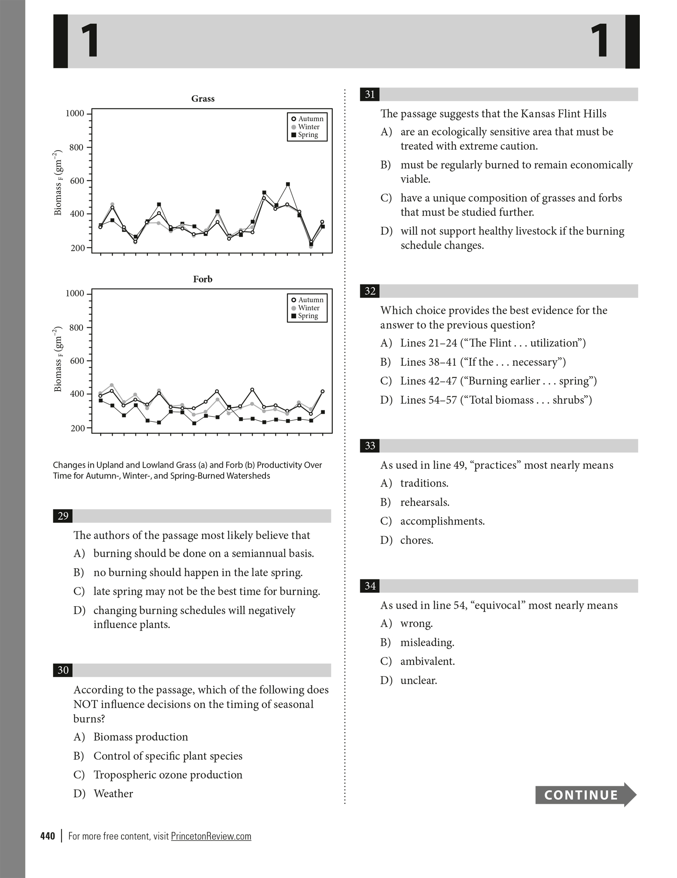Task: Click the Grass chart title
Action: click(x=203, y=99)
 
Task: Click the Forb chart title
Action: click(x=203, y=279)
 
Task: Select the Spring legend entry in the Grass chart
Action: click(x=307, y=135)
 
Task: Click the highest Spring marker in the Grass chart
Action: click(x=288, y=184)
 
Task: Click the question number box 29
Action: click(x=63, y=516)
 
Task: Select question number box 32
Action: click(x=370, y=291)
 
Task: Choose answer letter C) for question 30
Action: click(x=79, y=774)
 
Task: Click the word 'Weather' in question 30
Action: click(x=113, y=793)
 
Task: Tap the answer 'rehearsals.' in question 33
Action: click(x=425, y=502)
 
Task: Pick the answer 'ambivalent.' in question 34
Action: click(x=427, y=661)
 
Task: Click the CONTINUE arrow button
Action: click(x=585, y=795)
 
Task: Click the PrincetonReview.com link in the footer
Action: click(x=211, y=836)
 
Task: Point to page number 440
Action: click(x=48, y=836)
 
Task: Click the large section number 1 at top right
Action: click(x=599, y=41)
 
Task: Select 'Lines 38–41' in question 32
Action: click(x=428, y=362)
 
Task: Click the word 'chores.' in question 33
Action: click(x=417, y=540)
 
